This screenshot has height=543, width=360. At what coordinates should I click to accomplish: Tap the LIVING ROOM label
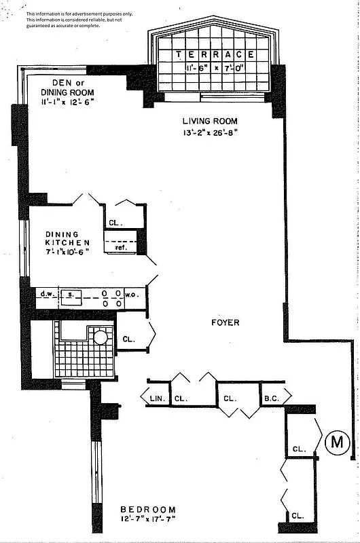[x=210, y=121]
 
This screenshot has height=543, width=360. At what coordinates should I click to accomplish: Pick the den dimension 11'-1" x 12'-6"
[x=67, y=102]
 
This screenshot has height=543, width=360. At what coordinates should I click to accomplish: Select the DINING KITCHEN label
[x=67, y=238]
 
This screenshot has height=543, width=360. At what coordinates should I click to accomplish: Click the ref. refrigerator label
[x=121, y=248]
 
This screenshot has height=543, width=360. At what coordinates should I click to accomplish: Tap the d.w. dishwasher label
[x=47, y=295]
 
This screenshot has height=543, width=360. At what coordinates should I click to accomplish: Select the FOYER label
[x=224, y=322]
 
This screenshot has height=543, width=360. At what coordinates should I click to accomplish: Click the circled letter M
[x=336, y=443]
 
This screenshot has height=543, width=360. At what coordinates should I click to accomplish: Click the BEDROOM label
[x=148, y=510]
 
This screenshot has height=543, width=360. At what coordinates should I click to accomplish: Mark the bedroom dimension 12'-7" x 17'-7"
[x=148, y=521]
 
